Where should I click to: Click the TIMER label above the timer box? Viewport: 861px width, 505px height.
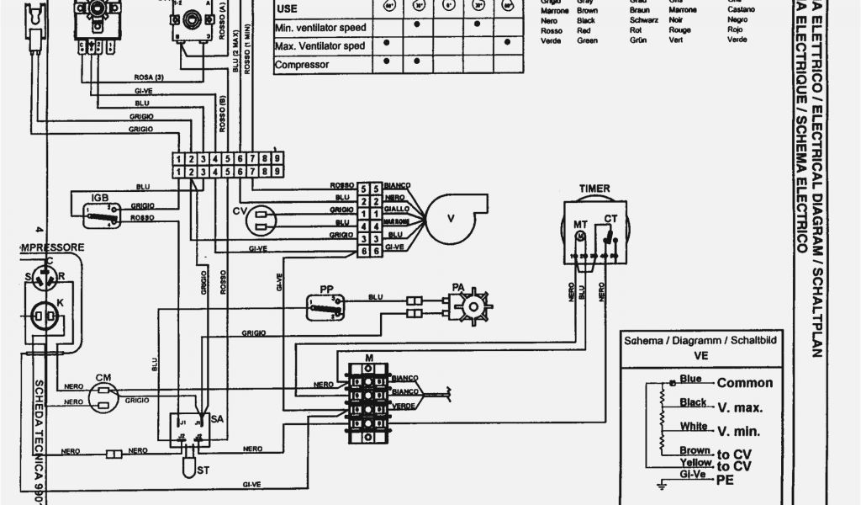point(594,189)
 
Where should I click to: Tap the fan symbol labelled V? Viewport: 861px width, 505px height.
point(449,218)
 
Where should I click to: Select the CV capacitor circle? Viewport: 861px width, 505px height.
point(261,219)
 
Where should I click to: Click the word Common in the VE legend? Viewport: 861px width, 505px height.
point(744,383)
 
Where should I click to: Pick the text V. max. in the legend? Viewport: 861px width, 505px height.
point(740,408)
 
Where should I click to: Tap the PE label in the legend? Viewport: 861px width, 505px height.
point(724,480)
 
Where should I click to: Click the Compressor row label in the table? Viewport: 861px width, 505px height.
point(302,65)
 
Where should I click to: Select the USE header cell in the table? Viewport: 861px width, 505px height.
point(288,8)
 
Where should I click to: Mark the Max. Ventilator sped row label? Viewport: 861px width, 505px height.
point(320,45)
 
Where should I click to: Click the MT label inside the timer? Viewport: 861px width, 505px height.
point(580,223)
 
